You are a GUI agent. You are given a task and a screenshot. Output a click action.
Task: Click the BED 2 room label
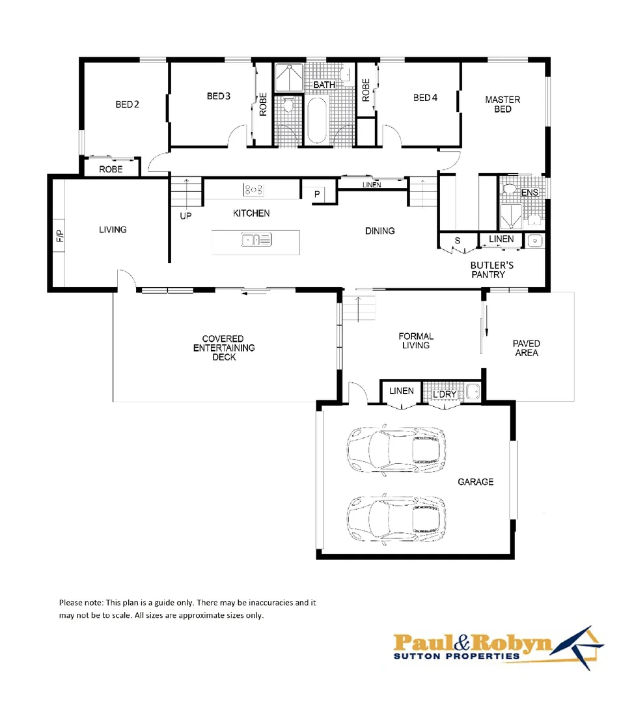(x=127, y=104)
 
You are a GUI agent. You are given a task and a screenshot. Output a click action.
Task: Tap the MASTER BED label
(x=503, y=104)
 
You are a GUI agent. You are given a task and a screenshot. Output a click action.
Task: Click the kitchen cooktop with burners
(x=253, y=189)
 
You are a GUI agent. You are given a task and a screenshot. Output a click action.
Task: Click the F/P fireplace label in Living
(x=60, y=236)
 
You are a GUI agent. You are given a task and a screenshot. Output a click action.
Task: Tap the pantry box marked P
(x=317, y=194)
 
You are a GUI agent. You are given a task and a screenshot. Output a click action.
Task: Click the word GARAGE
(x=475, y=482)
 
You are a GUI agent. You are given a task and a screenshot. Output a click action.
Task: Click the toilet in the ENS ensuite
(x=510, y=189)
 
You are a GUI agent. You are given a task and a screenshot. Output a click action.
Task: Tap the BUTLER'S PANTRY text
(x=492, y=269)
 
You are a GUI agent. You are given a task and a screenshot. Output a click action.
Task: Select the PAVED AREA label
(x=526, y=348)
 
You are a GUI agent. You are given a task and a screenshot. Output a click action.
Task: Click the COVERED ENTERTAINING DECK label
(x=223, y=348)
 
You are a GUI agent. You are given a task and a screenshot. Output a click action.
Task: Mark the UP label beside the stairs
(x=186, y=215)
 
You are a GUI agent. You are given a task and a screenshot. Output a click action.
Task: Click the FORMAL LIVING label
(x=416, y=340)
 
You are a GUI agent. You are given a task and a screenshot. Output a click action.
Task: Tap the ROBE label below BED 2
(x=111, y=169)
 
